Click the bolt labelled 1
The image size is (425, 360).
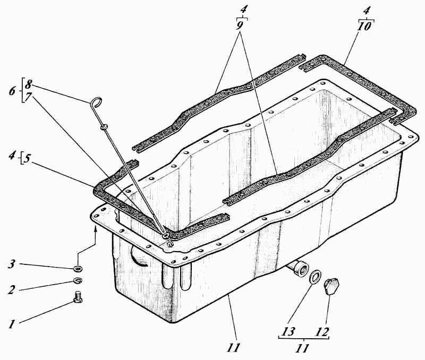coord(78,297)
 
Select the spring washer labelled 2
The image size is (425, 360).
coord(78,281)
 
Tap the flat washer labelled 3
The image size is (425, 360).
coord(78,269)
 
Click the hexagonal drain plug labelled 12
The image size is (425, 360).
coord(331,286)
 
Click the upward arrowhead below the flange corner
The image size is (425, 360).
coord(95,230)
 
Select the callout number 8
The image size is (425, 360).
coord(28,84)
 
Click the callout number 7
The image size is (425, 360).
coord(28,98)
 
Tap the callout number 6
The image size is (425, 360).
coord(12,91)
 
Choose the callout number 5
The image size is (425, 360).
coord(27,159)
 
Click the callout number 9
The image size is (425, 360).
coord(241,25)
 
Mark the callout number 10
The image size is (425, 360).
coord(364,26)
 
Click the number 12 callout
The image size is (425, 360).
coord(322,332)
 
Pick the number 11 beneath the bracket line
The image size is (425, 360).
coord(302,348)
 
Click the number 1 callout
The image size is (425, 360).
coord(11,324)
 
